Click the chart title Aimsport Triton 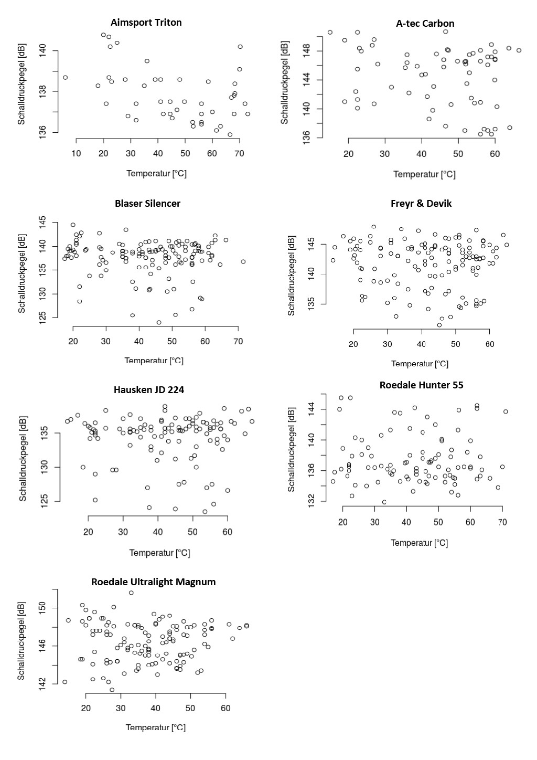point(146,23)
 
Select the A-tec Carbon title point(425,24)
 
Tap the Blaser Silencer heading point(147,204)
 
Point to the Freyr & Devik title point(421,204)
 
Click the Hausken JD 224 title point(148,390)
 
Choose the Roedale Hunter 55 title point(421,385)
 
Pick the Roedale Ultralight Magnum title point(153,582)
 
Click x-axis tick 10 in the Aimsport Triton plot point(77,153)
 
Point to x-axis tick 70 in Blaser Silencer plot point(238,342)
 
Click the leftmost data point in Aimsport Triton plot point(65,77)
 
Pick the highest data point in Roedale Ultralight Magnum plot point(131,593)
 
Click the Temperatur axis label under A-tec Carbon point(425,174)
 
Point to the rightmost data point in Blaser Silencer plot point(243,261)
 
